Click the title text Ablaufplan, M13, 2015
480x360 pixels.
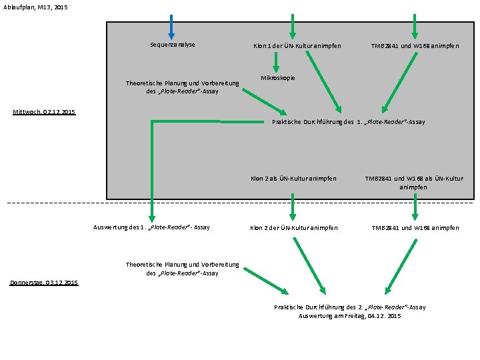[35, 7]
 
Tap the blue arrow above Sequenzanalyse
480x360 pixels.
[171, 27]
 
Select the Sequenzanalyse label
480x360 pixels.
[172, 45]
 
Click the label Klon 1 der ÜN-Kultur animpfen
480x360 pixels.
[297, 45]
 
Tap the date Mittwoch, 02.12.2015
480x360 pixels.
[45, 112]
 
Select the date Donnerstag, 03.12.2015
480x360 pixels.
[44, 283]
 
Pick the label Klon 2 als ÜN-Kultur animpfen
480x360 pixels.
[293, 179]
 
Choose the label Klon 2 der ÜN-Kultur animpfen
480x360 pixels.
[293, 228]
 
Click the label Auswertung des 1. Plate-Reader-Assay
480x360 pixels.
[150, 227]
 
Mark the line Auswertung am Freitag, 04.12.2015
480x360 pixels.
[349, 315]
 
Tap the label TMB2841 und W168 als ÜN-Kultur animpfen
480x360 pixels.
[413, 183]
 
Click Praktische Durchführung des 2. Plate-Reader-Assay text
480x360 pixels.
[349, 307]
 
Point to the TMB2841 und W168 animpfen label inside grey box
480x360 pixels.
[415, 45]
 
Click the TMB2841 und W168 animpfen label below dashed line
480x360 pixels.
[415, 228]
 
